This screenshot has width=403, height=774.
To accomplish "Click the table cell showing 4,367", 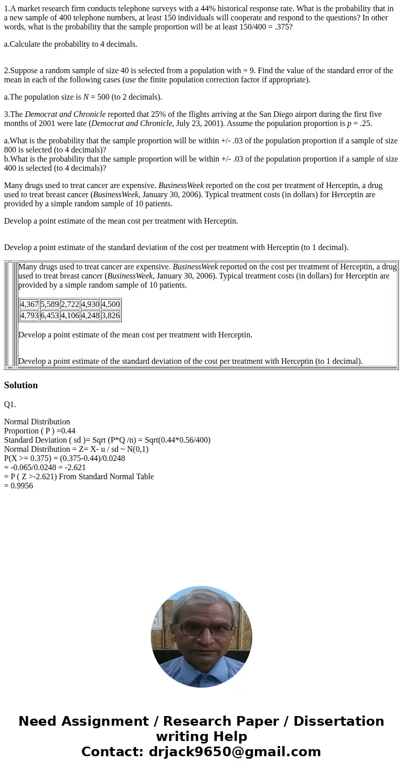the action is (x=29, y=304).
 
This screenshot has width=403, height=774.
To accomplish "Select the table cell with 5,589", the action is (x=50, y=304).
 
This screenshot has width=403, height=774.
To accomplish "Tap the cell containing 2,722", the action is (x=70, y=304).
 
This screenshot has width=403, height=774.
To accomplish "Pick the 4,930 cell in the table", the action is (x=90, y=304).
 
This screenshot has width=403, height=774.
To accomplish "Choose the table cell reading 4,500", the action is (x=111, y=304).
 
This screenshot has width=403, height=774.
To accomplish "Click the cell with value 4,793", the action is (x=29, y=315).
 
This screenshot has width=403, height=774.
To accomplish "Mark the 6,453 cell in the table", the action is (x=50, y=315).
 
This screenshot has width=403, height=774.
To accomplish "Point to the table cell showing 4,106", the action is (x=70, y=315).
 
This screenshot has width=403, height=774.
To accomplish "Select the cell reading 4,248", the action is (x=90, y=315).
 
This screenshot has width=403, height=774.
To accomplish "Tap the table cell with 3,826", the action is (x=111, y=315).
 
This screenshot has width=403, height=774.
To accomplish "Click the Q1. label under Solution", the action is (x=10, y=405).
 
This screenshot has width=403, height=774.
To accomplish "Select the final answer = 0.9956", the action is (x=18, y=486).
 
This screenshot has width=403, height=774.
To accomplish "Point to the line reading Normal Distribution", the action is (x=37, y=422).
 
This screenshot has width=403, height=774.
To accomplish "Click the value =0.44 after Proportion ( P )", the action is (x=66, y=431).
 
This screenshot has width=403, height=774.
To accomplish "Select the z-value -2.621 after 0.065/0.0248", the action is (x=73, y=468).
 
